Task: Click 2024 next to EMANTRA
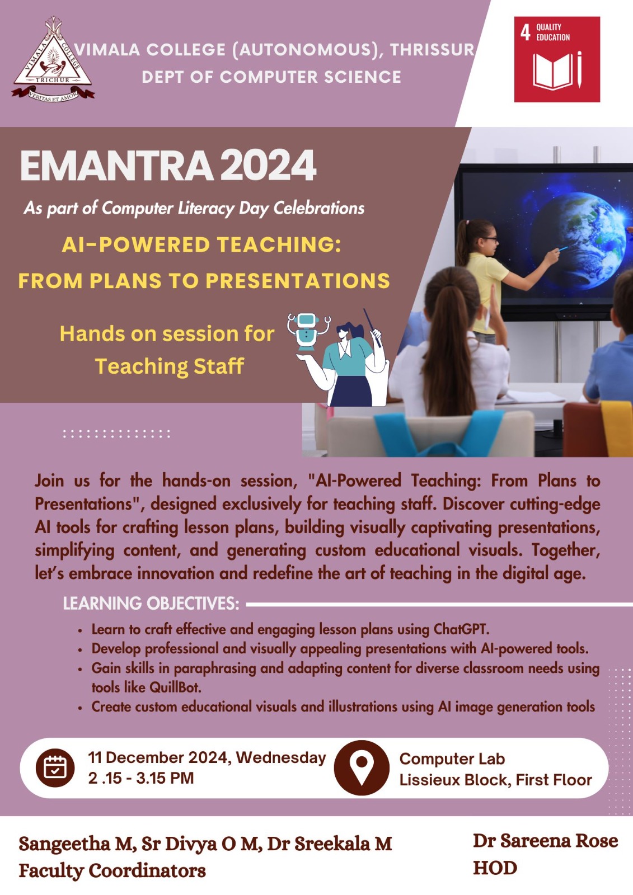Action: tap(268, 166)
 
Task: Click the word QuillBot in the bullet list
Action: tap(175, 687)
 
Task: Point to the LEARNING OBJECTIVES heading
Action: tap(151, 604)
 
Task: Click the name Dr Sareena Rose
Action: tap(546, 841)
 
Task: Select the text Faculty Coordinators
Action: tap(112, 870)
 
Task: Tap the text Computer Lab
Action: tap(452, 759)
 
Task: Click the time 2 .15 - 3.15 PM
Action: tap(140, 778)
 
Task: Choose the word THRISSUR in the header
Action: tap(432, 50)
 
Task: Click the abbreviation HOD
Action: tap(495, 868)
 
